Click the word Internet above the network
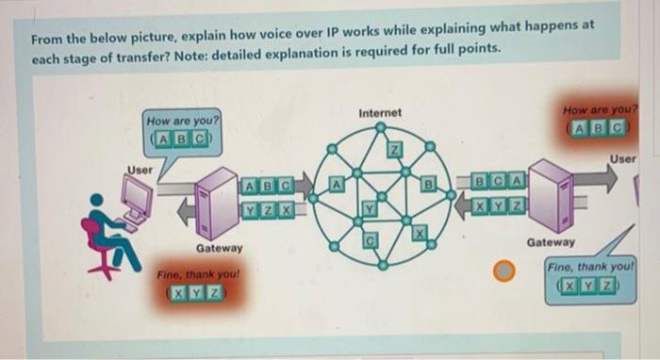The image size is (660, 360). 380,113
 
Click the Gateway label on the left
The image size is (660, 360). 219,249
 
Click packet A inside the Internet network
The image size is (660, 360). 337,185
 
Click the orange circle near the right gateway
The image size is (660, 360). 505,272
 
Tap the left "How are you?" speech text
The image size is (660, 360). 182,122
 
